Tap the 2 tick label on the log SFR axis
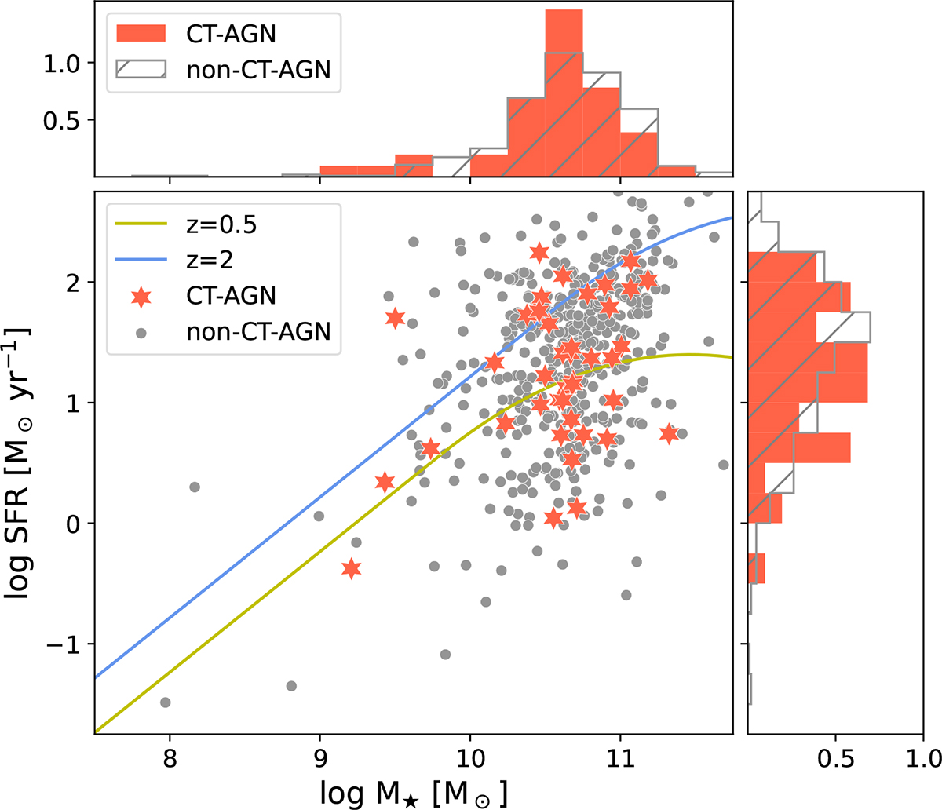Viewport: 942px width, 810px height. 74,282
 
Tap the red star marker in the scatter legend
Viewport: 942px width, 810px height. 141,296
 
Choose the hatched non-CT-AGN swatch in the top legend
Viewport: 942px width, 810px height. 141,69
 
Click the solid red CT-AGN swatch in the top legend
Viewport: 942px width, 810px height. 141,33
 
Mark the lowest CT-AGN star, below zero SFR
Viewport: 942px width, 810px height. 351,568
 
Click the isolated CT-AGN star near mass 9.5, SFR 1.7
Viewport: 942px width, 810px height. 395,318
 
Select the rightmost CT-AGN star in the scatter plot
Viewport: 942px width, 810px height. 669,433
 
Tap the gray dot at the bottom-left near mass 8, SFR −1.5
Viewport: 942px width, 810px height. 165,702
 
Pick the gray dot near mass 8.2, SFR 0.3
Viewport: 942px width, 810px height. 195,487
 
